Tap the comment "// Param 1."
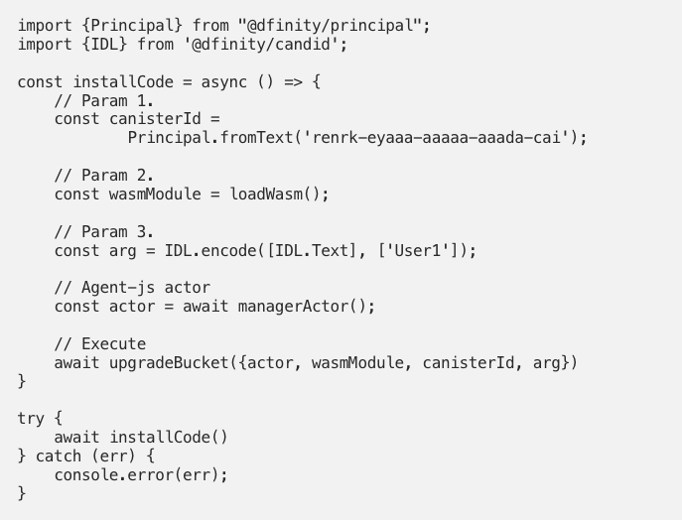point(104,100)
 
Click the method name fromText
point(256,137)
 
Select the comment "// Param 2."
point(104,176)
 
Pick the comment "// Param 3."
point(104,232)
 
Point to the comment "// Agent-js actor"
point(132,288)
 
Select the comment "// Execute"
point(99,344)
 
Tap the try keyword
point(31,419)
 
